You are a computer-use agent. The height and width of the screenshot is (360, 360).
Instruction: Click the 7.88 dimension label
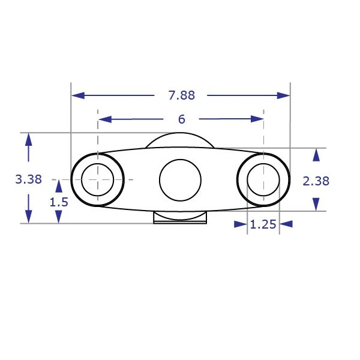pyautogui.click(x=181, y=95)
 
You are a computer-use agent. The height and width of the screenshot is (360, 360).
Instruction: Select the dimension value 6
pyautogui.click(x=181, y=119)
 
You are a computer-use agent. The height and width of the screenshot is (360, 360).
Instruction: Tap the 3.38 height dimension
pyautogui.click(x=28, y=179)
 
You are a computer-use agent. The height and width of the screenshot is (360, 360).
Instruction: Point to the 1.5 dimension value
pyautogui.click(x=59, y=202)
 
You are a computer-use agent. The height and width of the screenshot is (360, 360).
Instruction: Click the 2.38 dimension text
pyautogui.click(x=316, y=180)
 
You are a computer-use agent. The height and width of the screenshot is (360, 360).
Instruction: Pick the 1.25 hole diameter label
pyautogui.click(x=263, y=224)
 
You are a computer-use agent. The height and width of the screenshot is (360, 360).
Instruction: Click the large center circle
pyautogui.click(x=180, y=180)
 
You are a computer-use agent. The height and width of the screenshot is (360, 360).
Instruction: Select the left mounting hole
pyautogui.click(x=97, y=179)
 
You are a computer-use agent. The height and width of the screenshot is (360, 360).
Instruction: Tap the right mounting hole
pyautogui.click(x=263, y=179)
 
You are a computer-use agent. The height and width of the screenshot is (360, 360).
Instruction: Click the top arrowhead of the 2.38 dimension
pyautogui.click(x=316, y=154)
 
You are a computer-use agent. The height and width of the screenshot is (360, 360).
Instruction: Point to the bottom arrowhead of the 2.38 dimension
pyautogui.click(x=316, y=205)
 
